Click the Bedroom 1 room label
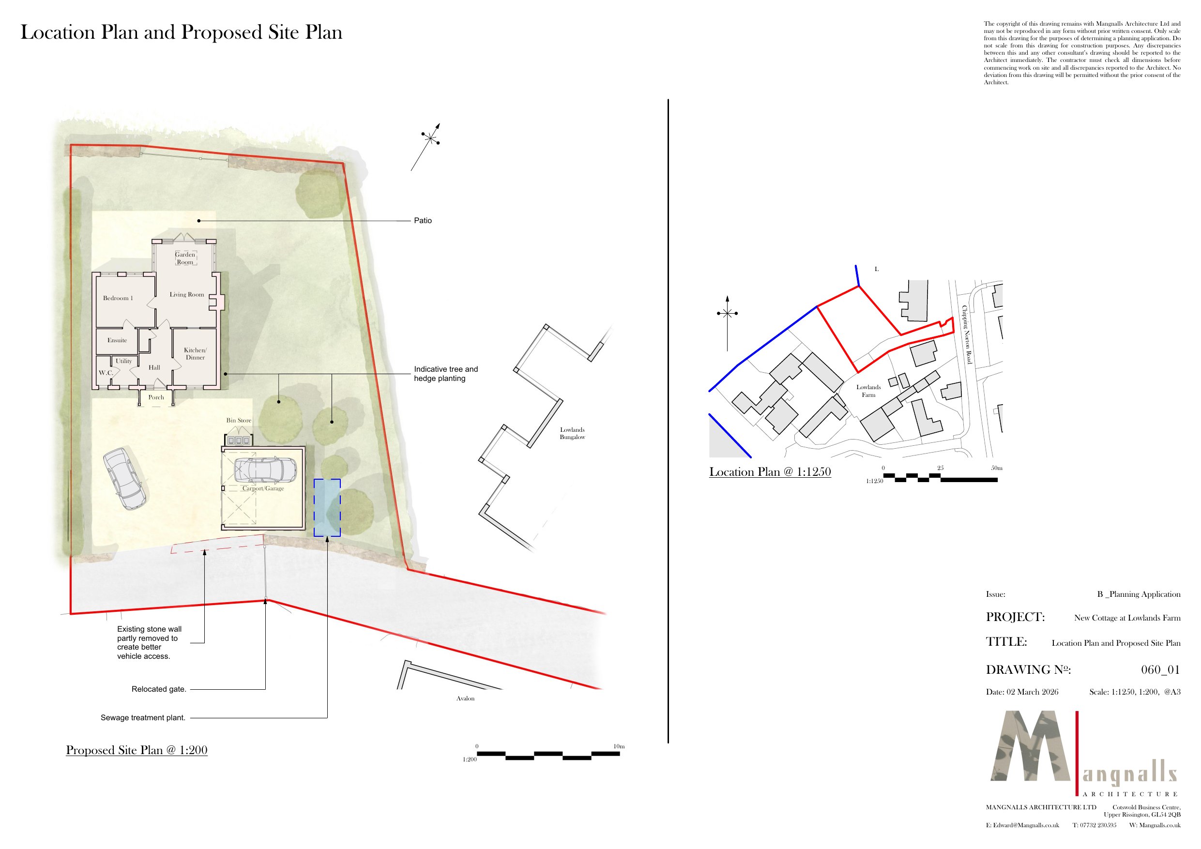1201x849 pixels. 118,298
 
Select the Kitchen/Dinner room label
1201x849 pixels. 195,354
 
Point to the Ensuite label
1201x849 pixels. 117,340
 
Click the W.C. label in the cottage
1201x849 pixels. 106,373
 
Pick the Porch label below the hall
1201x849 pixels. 156,397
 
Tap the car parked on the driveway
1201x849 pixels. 124,478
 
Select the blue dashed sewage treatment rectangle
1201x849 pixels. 327,507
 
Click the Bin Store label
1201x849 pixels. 239,421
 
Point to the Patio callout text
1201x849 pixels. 423,221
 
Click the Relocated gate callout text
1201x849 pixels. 158,689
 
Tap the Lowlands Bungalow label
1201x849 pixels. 572,433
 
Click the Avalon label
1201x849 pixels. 465,698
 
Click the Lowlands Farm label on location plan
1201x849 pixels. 868,391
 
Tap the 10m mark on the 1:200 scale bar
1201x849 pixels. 619,746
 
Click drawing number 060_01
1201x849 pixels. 1160,669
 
